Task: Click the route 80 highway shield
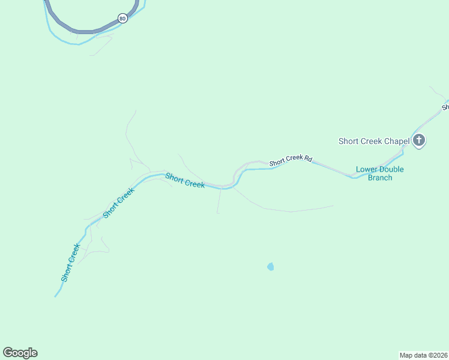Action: [x=122, y=19]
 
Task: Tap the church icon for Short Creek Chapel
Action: [x=419, y=141]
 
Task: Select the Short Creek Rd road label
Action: [x=291, y=160]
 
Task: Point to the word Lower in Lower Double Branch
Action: [x=367, y=169]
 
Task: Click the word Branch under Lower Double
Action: [x=379, y=178]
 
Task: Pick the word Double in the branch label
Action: [x=391, y=169]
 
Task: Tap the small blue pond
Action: [x=271, y=266]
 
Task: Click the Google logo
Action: [x=20, y=353]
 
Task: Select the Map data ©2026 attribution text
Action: [x=424, y=355]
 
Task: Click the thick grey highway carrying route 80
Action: [x=84, y=30]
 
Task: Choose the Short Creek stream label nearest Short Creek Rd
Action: [x=185, y=181]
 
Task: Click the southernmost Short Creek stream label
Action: [x=70, y=263]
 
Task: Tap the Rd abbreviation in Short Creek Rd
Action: [x=308, y=158]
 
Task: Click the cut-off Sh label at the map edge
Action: [x=445, y=107]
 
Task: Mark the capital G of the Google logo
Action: [x=8, y=353]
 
